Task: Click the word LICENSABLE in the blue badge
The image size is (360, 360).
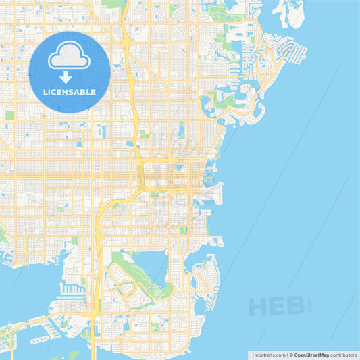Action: pos(70,91)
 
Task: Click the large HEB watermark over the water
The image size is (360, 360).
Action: pos(277,307)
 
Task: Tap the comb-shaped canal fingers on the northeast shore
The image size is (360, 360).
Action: pos(293,50)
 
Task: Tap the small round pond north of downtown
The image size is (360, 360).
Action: pos(181,127)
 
